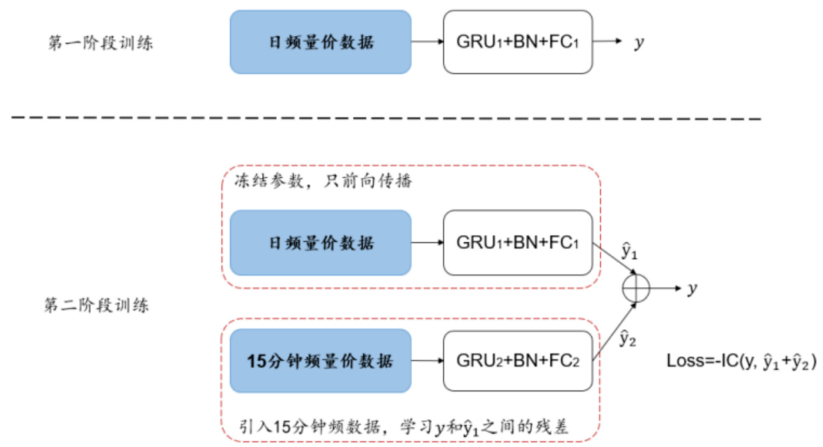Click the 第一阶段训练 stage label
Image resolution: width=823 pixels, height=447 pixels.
pyautogui.click(x=100, y=44)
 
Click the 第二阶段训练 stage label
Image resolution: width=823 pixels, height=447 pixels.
pyautogui.click(x=97, y=305)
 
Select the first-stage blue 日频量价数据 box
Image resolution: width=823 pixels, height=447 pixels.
pyautogui.click(x=320, y=42)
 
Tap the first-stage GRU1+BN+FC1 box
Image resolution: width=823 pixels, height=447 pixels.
pyautogui.click(x=518, y=42)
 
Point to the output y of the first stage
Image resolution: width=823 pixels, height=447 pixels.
pyautogui.click(x=638, y=43)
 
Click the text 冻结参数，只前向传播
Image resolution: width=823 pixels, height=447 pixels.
pyautogui.click(x=323, y=182)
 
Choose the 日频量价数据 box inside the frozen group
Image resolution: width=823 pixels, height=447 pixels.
pyautogui.click(x=320, y=242)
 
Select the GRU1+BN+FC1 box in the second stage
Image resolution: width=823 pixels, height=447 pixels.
pyautogui.click(x=518, y=242)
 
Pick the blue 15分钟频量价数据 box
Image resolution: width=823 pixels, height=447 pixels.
pyautogui.click(x=320, y=361)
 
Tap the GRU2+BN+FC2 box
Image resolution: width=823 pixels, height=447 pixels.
pyautogui.click(x=518, y=361)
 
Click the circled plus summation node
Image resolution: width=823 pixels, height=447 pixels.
pyautogui.click(x=636, y=288)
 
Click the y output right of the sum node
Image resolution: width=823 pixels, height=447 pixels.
pyautogui.click(x=691, y=289)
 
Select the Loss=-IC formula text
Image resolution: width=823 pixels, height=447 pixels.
pyautogui.click(x=741, y=362)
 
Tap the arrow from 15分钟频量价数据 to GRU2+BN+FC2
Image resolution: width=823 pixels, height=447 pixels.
pyautogui.click(x=427, y=361)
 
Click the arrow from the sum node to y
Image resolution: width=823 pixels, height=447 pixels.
pyautogui.click(x=666, y=288)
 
